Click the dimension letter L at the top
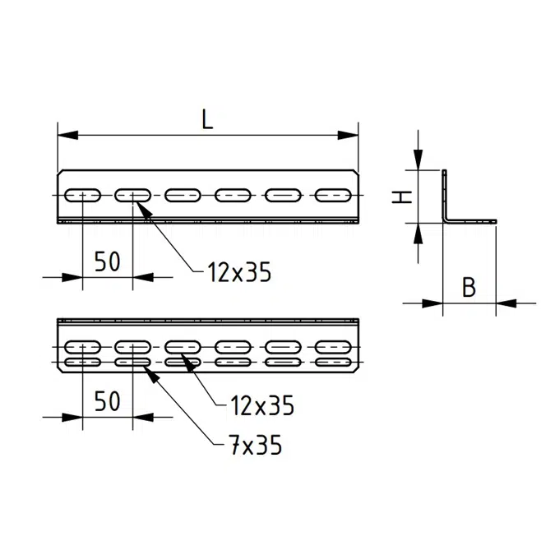pyautogui.click(x=207, y=119)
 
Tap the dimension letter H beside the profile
pyautogui.click(x=402, y=197)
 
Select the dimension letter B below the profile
pyautogui.click(x=469, y=287)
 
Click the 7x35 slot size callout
pyautogui.click(x=255, y=445)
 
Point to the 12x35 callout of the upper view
pyautogui.click(x=239, y=272)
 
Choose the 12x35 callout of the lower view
pyautogui.click(x=262, y=405)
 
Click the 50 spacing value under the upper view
pyautogui.click(x=108, y=261)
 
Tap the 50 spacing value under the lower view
pyautogui.click(x=108, y=402)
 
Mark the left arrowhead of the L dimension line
pyautogui.click(x=67, y=135)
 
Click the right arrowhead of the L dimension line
pyautogui.click(x=349, y=135)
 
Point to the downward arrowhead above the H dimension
pyautogui.click(x=419, y=160)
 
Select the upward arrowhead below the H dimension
pyautogui.click(x=419, y=234)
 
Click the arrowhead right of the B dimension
pyautogui.click(x=506, y=303)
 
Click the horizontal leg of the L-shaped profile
pyautogui.click(x=471, y=221)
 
